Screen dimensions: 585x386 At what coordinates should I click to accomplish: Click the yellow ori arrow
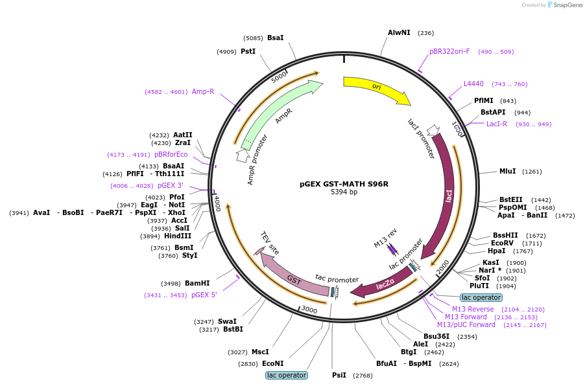click(376, 87)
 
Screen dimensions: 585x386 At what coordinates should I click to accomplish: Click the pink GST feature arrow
click(294, 278)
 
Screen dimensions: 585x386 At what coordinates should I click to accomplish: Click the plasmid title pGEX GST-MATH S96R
click(344, 184)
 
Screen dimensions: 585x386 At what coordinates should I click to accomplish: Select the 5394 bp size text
click(344, 192)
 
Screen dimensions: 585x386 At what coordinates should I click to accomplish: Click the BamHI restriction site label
click(197, 284)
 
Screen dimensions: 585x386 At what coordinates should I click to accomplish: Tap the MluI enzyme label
click(507, 172)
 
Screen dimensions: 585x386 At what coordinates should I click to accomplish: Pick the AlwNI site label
click(399, 33)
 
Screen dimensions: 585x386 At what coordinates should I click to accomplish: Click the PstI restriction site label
click(248, 51)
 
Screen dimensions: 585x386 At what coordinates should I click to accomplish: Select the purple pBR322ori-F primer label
click(449, 51)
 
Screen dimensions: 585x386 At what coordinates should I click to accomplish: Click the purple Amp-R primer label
click(203, 92)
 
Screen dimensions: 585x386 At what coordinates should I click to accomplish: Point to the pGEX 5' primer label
click(204, 295)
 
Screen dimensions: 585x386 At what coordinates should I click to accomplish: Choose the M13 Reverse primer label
click(473, 309)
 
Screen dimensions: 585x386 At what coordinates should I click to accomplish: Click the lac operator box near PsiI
click(287, 375)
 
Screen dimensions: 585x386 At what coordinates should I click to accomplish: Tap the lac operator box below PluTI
click(481, 297)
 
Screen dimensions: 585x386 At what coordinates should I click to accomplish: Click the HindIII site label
click(178, 236)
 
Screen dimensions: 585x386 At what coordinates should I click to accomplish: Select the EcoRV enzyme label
click(502, 244)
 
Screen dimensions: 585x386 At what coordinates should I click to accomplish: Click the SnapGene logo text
click(567, 5)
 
